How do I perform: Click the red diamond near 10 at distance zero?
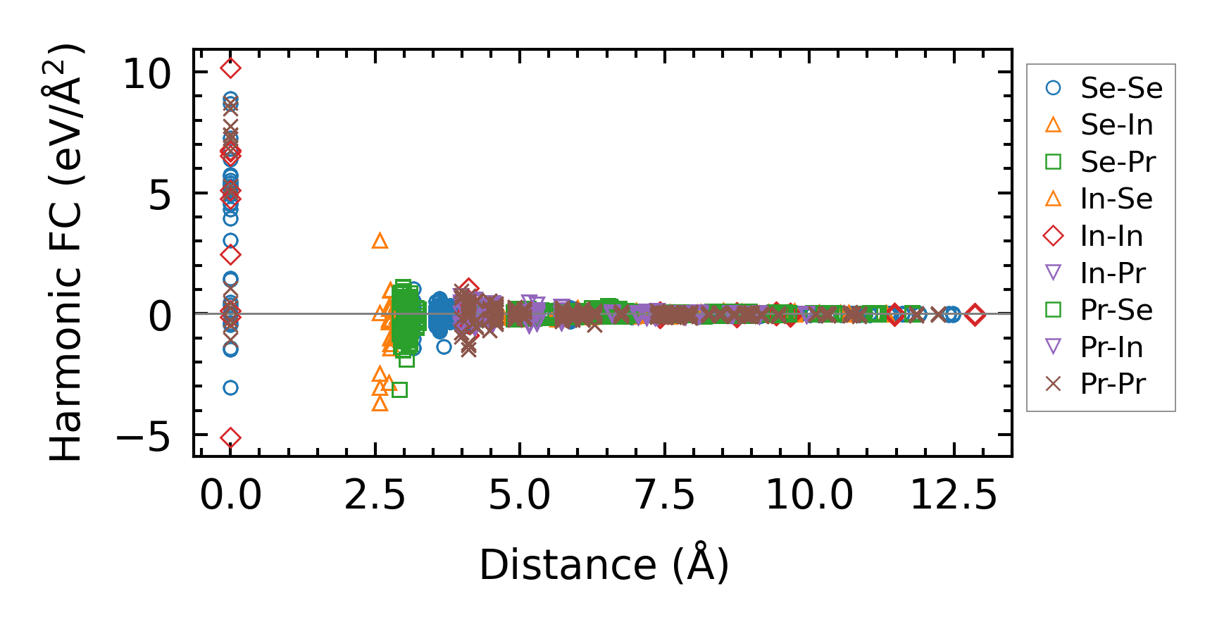pos(230,68)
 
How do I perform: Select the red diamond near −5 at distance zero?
pos(230,438)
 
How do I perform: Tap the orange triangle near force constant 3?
pos(380,242)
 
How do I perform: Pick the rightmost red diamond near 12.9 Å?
pos(975,315)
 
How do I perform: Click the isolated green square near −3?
pos(399,390)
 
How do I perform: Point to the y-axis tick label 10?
pos(146,73)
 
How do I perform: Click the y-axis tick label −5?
pos(143,437)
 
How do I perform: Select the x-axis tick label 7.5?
pos(665,495)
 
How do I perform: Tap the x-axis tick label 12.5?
pos(954,495)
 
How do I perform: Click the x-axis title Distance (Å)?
pos(604,565)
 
